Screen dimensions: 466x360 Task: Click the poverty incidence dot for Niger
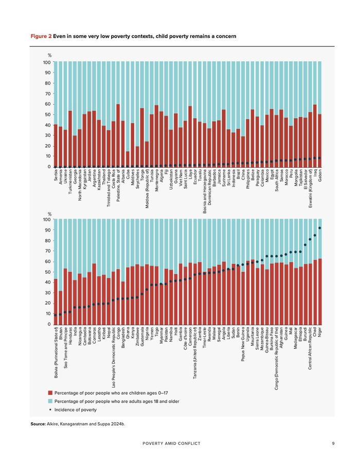tap(320, 228)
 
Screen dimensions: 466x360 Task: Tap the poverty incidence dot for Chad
tap(315, 235)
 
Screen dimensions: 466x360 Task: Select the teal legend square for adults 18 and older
tap(50, 401)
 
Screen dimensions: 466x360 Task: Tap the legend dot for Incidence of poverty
tap(50, 409)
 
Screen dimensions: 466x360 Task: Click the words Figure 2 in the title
tap(41, 37)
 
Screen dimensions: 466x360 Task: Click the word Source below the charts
tap(39, 424)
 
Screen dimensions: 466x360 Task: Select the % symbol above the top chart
tap(50, 55)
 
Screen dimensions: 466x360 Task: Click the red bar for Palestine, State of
tap(118, 135)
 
